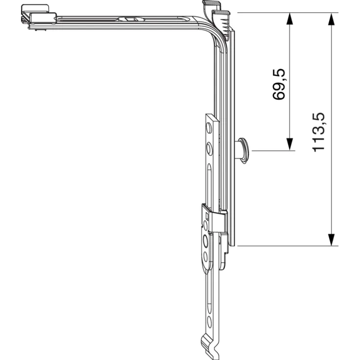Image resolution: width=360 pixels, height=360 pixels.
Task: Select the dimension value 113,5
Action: pyautogui.click(x=319, y=132)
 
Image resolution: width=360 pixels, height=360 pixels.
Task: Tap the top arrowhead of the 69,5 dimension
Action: pyautogui.click(x=290, y=19)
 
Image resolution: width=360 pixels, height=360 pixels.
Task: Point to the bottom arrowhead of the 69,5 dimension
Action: pyautogui.click(x=290, y=144)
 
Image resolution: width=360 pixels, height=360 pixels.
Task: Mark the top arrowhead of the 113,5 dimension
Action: pyautogui.click(x=331, y=19)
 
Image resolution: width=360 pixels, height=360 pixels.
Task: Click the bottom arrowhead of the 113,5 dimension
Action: pyautogui.click(x=331, y=240)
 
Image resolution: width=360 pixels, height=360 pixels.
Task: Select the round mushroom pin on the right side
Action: pyautogui.click(x=243, y=151)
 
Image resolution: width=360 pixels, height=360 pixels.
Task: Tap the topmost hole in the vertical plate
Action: pyautogui.click(x=209, y=128)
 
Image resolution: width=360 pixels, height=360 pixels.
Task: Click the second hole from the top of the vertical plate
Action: pyautogui.click(x=209, y=149)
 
